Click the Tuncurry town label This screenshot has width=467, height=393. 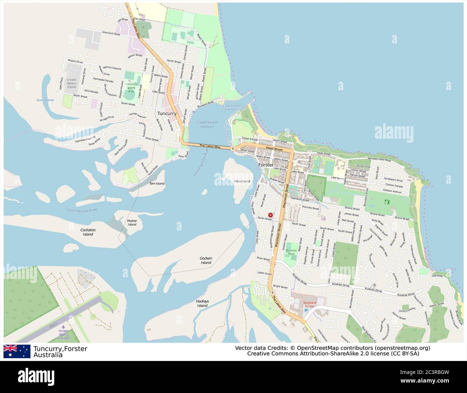pos(167,114)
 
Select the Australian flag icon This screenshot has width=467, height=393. pos(17,351)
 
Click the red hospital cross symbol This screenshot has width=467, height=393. pos(270,215)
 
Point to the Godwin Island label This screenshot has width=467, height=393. pos(206,260)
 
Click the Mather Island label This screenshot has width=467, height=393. pos(132,223)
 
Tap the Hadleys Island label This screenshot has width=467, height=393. pos(203,303)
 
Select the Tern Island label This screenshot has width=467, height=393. pos(157,184)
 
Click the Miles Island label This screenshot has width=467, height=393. pos(242,181)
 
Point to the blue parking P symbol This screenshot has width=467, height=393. pos(306,310)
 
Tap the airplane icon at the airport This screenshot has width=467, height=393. pos(64,326)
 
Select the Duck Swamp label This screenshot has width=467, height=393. pos(45,100)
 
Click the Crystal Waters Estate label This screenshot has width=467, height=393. pos(72,83)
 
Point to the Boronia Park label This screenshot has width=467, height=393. pos(291,252)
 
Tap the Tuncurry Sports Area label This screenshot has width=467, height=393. pos(131,87)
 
